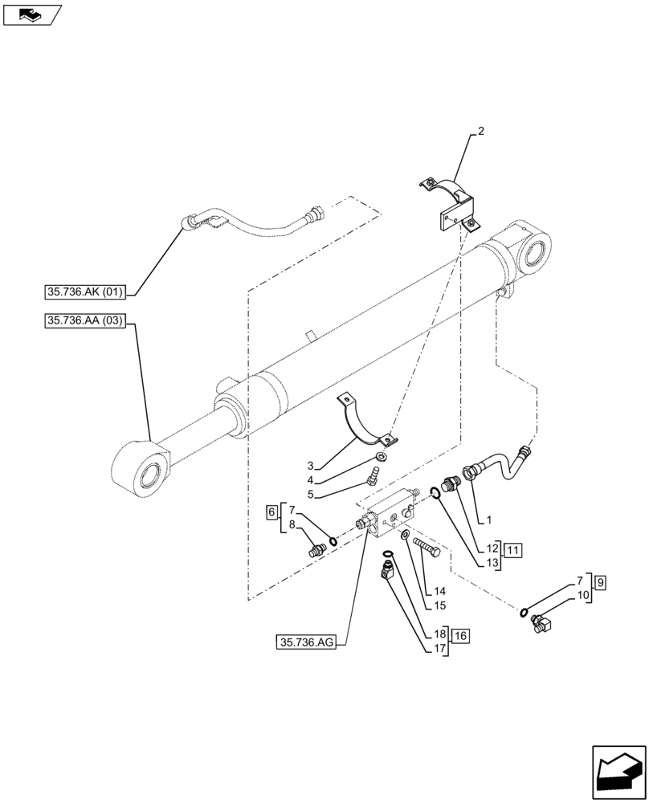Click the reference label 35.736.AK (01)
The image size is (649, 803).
85,291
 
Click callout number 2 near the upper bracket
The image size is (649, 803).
480,130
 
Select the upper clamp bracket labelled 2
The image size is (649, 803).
449,206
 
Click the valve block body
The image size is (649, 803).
389,518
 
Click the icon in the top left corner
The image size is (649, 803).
31,14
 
